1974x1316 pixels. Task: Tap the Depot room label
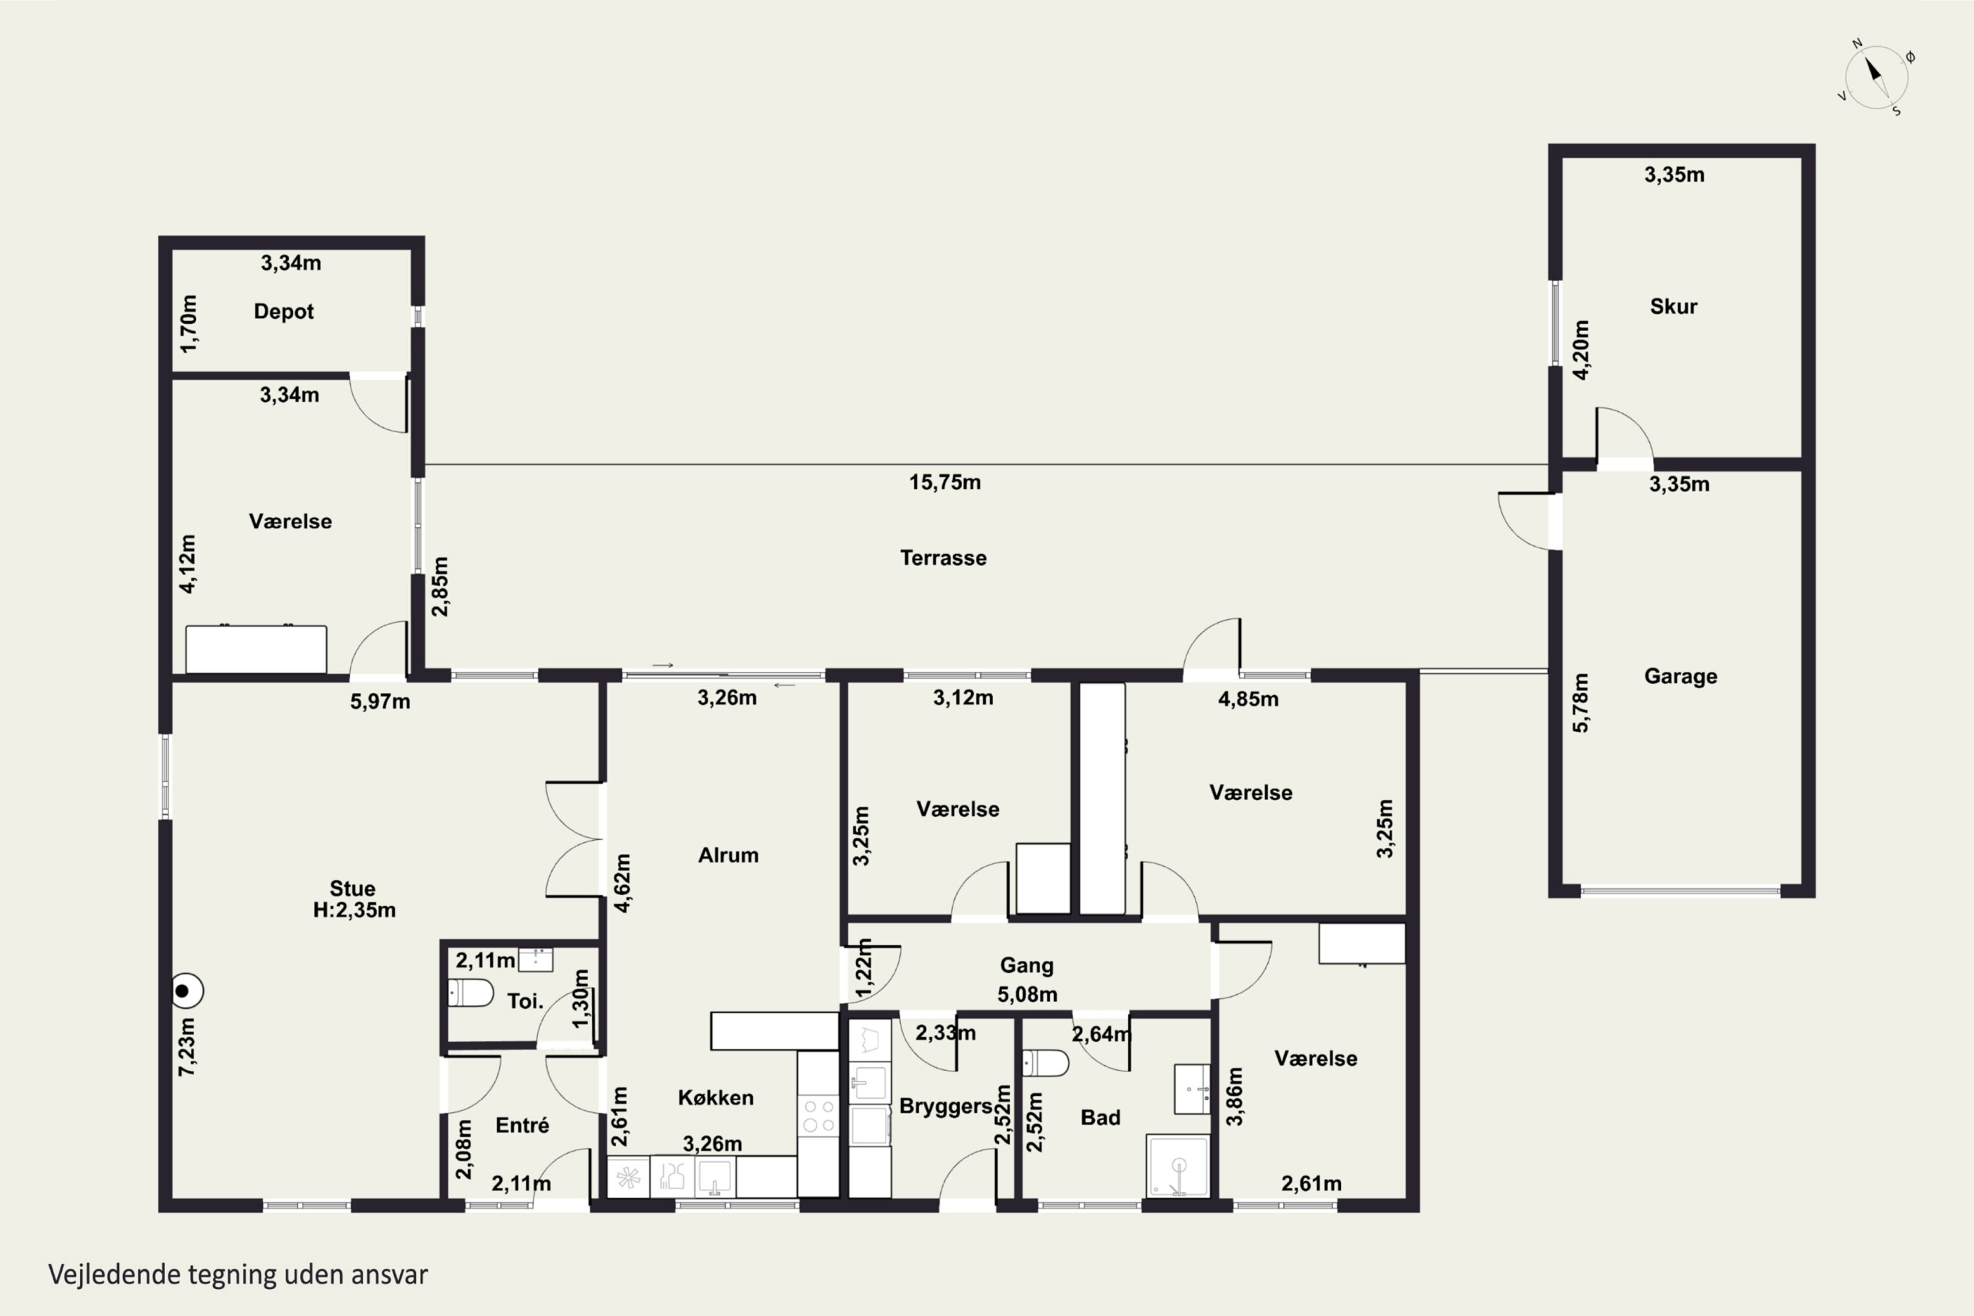pos(284,311)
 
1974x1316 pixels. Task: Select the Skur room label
pos(1673,307)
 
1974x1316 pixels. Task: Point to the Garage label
pos(1681,676)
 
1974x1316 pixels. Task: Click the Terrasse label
pos(944,558)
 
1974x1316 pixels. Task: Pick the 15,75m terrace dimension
pos(945,482)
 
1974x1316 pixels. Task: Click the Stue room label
pos(353,888)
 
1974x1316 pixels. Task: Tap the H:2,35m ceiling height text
pos(354,910)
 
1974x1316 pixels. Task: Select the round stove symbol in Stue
pos(187,990)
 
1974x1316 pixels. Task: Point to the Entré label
pos(522,1125)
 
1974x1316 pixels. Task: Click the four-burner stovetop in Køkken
pos(817,1115)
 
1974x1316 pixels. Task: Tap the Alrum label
pos(728,855)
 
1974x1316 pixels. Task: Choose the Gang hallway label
pos(1026,966)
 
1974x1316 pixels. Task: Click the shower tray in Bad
pos(1178,1166)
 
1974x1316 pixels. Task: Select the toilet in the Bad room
pos(1045,1063)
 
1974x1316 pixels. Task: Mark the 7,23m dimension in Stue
pos(187,1047)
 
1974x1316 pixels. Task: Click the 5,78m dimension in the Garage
pos(1581,703)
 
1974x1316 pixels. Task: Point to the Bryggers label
pos(946,1106)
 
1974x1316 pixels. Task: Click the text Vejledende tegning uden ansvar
pos(238,1274)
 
